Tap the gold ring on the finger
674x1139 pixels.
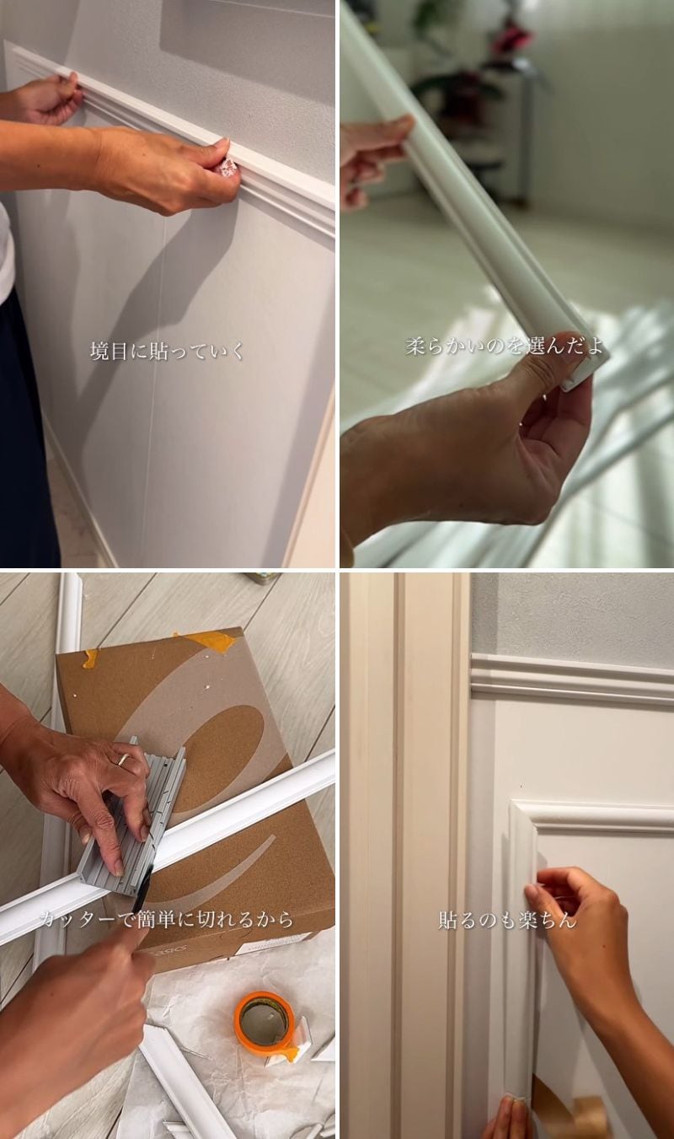[x=124, y=760]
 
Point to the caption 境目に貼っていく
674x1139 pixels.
[x=167, y=352]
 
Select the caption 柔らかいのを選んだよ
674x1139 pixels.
[x=505, y=347]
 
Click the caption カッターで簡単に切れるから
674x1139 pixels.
[x=167, y=919]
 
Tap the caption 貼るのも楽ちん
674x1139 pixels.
[x=507, y=920]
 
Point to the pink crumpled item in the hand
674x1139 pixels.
[x=225, y=169]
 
